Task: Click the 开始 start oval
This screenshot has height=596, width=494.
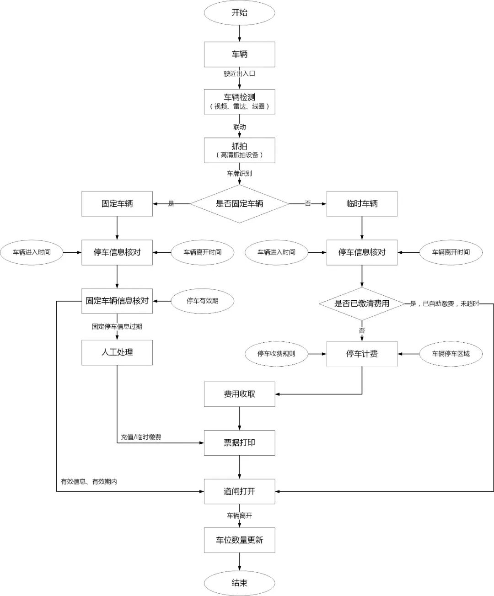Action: click(239, 13)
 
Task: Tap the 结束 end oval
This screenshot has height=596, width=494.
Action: click(239, 583)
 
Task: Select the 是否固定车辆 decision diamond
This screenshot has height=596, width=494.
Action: click(239, 204)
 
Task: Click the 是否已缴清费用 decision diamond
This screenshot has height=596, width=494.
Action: click(362, 303)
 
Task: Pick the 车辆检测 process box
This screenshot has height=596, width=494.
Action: click(239, 101)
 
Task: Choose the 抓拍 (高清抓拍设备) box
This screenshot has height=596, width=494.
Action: click(239, 150)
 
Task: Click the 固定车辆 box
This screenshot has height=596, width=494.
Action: click(117, 204)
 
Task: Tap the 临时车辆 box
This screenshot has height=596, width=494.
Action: click(362, 204)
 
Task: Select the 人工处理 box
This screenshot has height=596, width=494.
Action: click(117, 352)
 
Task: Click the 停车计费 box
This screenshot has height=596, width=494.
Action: click(362, 354)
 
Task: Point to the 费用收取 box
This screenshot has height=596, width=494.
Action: click(239, 394)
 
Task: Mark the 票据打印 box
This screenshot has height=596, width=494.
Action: click(239, 443)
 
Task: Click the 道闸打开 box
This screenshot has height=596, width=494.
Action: click(239, 491)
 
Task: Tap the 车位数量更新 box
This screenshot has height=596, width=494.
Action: click(239, 540)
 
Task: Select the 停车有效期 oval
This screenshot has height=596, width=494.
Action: click(202, 301)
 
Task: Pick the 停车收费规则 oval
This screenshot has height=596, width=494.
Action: click(276, 354)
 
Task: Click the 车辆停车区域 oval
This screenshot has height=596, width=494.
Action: click(451, 354)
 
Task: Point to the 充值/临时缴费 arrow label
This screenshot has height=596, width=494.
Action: click(141, 437)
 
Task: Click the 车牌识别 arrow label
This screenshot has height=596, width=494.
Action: click(239, 174)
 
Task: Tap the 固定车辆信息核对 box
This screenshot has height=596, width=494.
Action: click(117, 301)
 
